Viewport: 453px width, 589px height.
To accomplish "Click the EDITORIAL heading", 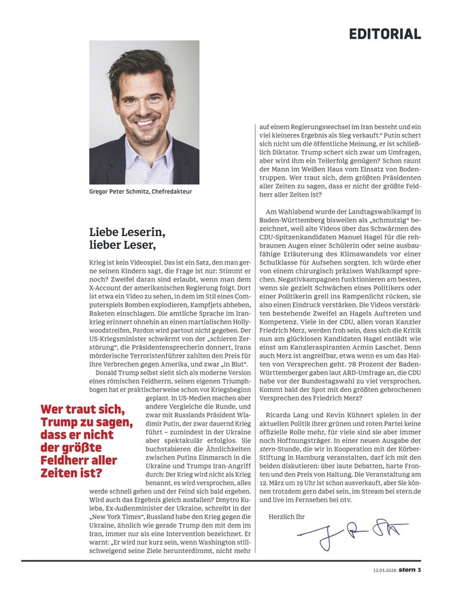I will [x=385, y=33].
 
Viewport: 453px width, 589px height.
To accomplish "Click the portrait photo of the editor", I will [x=144, y=112].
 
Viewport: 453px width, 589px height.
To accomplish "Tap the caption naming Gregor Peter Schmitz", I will [x=141, y=192].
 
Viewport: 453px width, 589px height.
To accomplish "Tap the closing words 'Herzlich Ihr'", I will [x=288, y=516].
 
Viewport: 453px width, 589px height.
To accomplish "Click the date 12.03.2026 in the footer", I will [x=385, y=570].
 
